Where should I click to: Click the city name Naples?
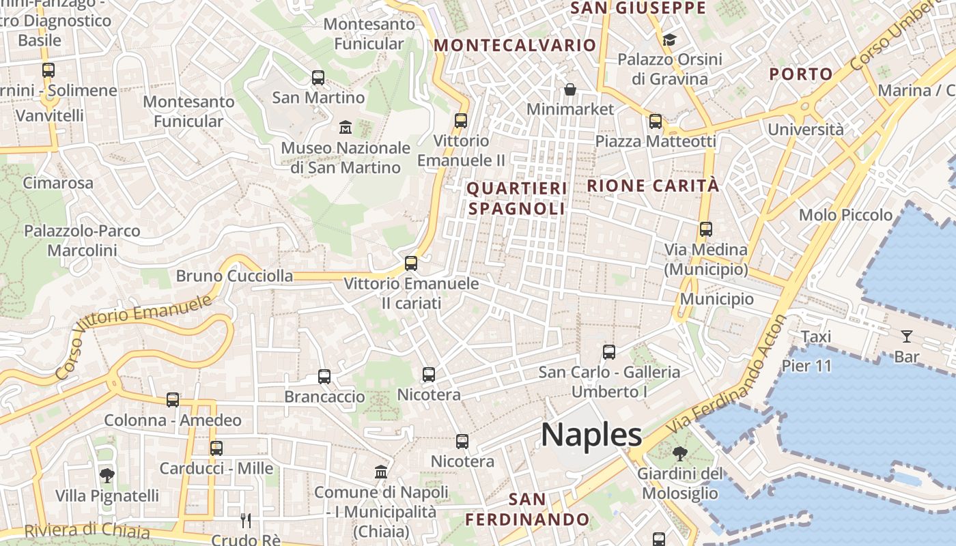tap(591, 435)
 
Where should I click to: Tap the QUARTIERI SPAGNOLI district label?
tap(517, 199)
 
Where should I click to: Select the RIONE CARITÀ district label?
tap(653, 186)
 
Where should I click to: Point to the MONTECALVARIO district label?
tap(516, 46)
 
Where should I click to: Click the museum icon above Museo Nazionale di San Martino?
tap(346, 128)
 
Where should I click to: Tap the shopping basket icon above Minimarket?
tap(570, 89)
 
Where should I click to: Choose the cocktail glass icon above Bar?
tap(906, 336)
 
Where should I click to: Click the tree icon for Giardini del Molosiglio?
tap(680, 454)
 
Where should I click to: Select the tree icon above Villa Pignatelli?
tap(107, 475)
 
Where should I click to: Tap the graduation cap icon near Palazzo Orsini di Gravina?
tap(669, 40)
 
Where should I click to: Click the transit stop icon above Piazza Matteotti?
tap(656, 121)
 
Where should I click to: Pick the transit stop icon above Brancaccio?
tap(324, 377)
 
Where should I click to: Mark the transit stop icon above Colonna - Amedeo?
tap(173, 400)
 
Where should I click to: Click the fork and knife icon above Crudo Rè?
tap(246, 521)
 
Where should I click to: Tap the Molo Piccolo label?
tap(845, 215)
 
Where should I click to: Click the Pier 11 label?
tap(807, 366)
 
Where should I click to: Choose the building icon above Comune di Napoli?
tap(381, 472)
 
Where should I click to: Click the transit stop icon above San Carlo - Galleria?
tap(609, 352)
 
